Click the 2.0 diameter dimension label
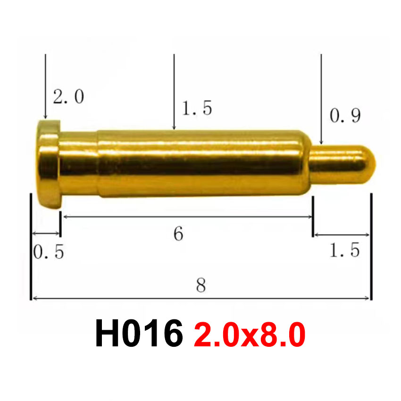[x=68, y=97]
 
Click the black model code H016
[x=139, y=334]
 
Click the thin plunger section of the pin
[x=340, y=161]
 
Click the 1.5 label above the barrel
[x=197, y=109]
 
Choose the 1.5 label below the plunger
[x=344, y=250]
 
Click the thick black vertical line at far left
[x=31, y=245]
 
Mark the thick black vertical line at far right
[x=371, y=245]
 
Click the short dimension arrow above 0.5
[x=46, y=234]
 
